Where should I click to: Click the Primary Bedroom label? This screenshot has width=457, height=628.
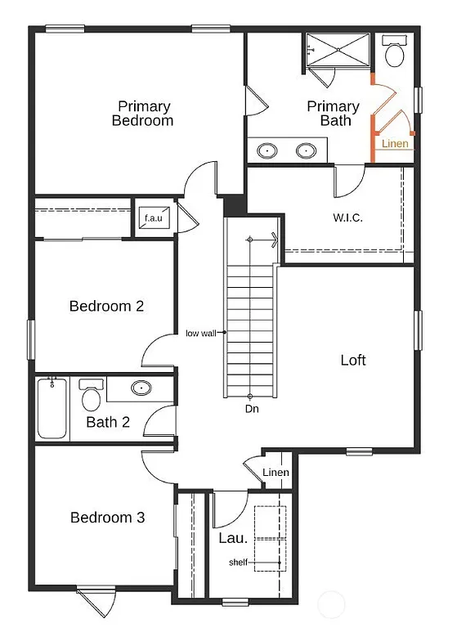click(x=144, y=114)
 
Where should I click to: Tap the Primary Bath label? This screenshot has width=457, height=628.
click(x=333, y=114)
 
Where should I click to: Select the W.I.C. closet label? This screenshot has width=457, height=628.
click(x=347, y=218)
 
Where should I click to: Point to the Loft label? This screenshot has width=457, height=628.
click(x=353, y=360)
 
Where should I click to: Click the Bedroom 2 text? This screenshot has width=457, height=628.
click(x=106, y=307)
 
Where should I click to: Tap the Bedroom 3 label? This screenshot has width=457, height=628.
click(x=107, y=518)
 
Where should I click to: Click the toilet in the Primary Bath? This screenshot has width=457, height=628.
click(x=395, y=55)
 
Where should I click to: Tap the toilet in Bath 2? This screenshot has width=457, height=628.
click(x=91, y=397)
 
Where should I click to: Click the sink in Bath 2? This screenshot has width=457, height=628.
click(x=141, y=388)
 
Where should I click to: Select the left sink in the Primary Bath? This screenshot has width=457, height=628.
click(x=267, y=150)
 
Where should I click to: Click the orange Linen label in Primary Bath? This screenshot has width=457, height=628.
click(x=395, y=144)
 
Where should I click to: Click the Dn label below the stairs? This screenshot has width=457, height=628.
click(x=252, y=408)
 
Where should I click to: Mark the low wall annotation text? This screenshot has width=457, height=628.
click(x=201, y=333)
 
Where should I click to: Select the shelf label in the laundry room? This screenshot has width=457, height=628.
click(x=237, y=562)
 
